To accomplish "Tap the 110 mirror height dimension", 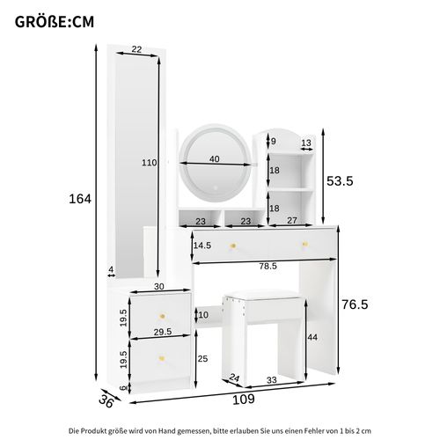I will tap(150, 163).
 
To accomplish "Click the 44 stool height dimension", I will tap(312, 337).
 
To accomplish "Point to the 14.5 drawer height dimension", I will tap(202, 246).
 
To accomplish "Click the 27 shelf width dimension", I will tap(291, 222).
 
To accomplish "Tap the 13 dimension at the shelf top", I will tap(305, 142).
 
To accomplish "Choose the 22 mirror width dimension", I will tap(136, 50).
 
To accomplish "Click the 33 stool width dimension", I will tap(272, 380).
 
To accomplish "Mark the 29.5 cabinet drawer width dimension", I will tap(160, 332).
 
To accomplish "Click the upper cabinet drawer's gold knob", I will tap(161, 315).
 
